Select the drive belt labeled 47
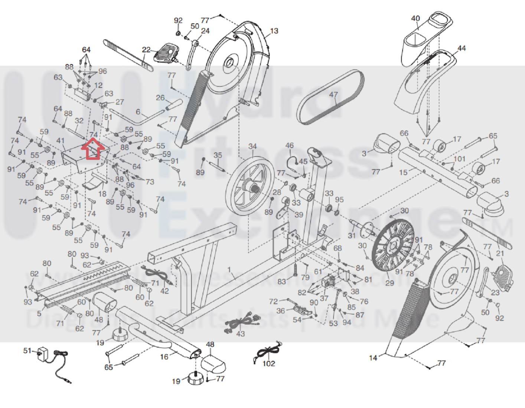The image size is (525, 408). coord(330,97)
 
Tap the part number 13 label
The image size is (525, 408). coord(274,31)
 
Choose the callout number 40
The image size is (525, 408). coord(415,19)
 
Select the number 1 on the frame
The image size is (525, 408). coord(229,270)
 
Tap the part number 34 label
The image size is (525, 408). coord(252,146)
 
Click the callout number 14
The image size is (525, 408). coord(373,358)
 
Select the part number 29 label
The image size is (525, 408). coord(389,283)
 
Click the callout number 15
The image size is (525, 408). coord(403,172)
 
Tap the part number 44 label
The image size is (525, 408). coord(462,48)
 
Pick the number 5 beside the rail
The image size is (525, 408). coord(39,313)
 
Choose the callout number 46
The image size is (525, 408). coord(290,146)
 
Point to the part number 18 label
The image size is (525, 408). coord(102,193)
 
